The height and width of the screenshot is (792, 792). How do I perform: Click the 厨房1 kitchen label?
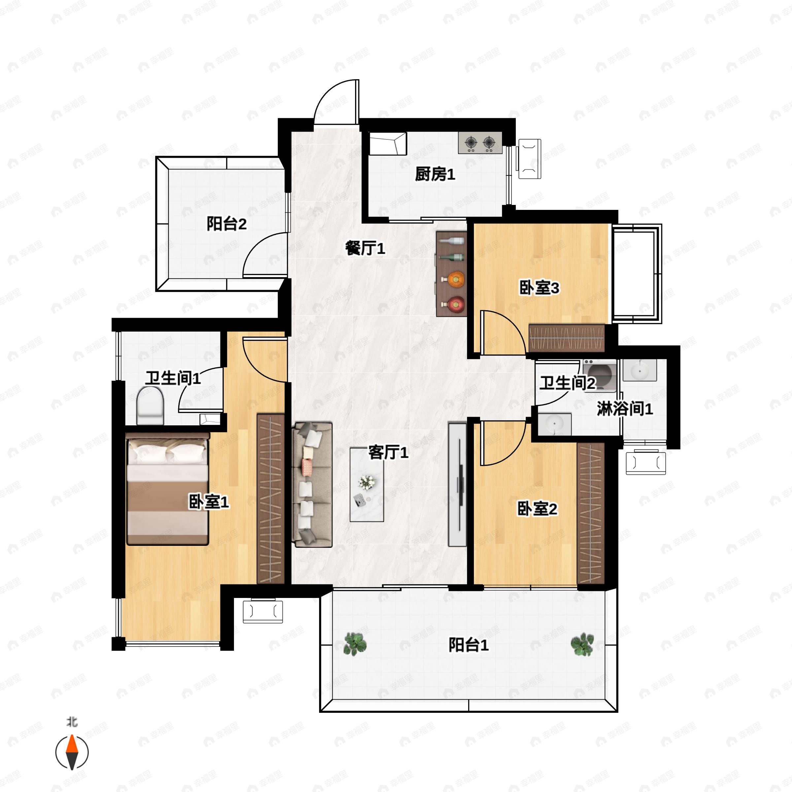[x=435, y=175]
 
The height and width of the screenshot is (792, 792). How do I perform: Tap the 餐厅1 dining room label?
[x=365, y=248]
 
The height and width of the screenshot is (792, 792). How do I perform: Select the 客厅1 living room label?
[x=388, y=452]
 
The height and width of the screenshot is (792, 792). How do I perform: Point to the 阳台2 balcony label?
[x=226, y=224]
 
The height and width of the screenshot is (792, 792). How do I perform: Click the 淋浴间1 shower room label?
[x=624, y=409]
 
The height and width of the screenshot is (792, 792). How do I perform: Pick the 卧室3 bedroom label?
[x=539, y=288]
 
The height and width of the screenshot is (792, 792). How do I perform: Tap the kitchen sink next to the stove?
[x=388, y=144]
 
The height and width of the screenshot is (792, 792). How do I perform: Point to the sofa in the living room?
[x=312, y=484]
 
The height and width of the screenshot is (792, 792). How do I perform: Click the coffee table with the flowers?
[x=367, y=484]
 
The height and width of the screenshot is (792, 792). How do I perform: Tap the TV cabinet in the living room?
[x=457, y=484]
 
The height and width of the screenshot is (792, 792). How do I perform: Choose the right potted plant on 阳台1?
[x=582, y=644]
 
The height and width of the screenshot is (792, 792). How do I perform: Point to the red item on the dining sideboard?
[x=455, y=304]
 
